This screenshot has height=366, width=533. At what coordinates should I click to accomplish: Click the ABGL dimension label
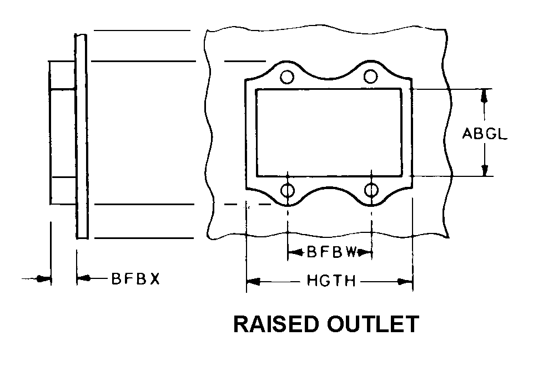pyautogui.click(x=484, y=134)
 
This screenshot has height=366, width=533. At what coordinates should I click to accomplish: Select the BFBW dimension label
pyautogui.click(x=331, y=253)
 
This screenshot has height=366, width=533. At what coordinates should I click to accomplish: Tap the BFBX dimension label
pyautogui.click(x=135, y=279)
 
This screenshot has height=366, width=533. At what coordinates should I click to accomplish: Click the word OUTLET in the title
pyautogui.click(x=376, y=324)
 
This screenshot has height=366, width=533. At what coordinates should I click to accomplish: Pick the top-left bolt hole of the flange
pyautogui.click(x=287, y=77)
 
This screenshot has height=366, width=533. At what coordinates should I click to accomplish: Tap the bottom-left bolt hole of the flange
pyautogui.click(x=288, y=191)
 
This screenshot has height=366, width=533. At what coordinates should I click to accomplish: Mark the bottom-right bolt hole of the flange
pyautogui.click(x=371, y=191)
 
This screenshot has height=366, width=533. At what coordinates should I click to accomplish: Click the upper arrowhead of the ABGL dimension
pyautogui.click(x=485, y=95)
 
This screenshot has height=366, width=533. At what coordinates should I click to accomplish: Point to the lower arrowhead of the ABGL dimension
pyautogui.click(x=485, y=170)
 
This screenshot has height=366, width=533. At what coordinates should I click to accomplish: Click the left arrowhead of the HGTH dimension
pyautogui.click(x=253, y=282)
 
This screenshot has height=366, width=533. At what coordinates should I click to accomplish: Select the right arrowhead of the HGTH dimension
pyautogui.click(x=405, y=282)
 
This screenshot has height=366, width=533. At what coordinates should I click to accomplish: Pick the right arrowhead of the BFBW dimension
pyautogui.click(x=365, y=253)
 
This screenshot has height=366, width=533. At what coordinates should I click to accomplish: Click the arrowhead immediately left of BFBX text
pyautogui.click(x=84, y=278)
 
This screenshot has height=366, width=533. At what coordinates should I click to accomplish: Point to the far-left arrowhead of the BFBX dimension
pyautogui.click(x=43, y=278)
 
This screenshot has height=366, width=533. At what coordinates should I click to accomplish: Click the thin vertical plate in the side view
pyautogui.click(x=82, y=136)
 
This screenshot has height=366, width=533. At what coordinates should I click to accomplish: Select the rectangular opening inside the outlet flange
pyautogui.click(x=329, y=133)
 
